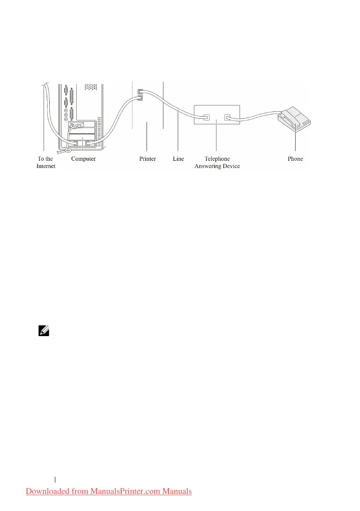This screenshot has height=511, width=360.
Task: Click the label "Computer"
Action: [x=83, y=159]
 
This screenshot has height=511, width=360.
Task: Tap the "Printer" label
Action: [x=147, y=159]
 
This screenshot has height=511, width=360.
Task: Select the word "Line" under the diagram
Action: [x=178, y=159]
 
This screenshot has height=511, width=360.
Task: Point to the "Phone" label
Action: [x=295, y=159]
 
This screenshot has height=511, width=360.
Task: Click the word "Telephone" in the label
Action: [x=217, y=159]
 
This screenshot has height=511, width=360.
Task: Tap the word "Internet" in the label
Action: [x=46, y=166]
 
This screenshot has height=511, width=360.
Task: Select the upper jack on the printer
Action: [x=140, y=91]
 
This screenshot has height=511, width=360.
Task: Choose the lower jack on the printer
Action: [x=140, y=98]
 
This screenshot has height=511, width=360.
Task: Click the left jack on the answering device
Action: [x=206, y=116]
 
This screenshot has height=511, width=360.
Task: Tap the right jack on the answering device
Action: [x=228, y=116]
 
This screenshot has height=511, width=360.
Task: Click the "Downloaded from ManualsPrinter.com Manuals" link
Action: [x=109, y=491]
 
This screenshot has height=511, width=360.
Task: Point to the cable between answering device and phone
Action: [x=257, y=115]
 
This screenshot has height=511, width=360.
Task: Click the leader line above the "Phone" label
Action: [x=295, y=141]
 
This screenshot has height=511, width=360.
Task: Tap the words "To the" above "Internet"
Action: [x=45, y=159]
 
